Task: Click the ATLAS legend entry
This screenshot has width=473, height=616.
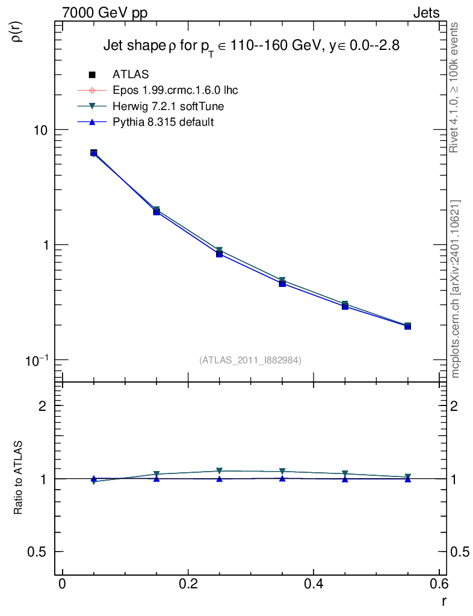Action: click(x=131, y=75)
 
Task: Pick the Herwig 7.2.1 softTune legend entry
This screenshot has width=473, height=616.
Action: click(x=164, y=106)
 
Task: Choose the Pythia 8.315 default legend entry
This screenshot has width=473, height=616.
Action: click(x=163, y=122)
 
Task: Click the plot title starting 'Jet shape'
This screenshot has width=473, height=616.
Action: click(x=252, y=47)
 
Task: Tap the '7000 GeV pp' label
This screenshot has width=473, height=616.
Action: click(x=105, y=13)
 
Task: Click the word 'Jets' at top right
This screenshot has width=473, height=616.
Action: click(x=425, y=13)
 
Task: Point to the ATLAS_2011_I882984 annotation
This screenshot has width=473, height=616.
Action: click(x=250, y=360)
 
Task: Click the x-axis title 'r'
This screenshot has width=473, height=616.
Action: click(x=444, y=600)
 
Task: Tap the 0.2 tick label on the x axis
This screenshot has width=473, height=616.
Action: click(x=188, y=584)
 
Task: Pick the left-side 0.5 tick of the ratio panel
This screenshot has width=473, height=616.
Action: click(x=38, y=552)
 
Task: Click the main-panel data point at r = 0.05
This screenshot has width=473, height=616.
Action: click(x=94, y=153)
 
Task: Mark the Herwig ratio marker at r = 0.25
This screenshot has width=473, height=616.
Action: click(x=220, y=471)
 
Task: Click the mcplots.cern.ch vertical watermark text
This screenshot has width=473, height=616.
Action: click(x=456, y=289)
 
